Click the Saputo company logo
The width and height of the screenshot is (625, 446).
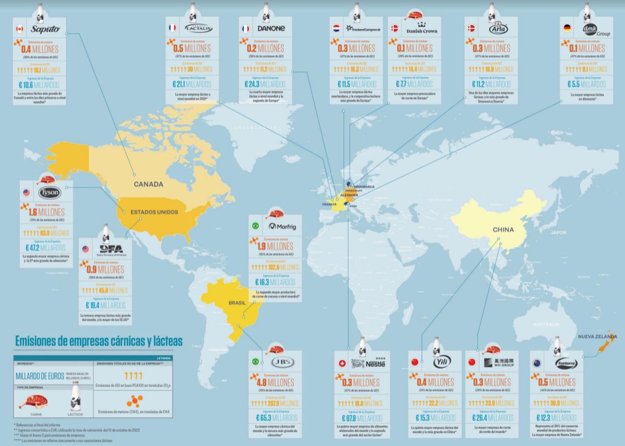pos(45,29)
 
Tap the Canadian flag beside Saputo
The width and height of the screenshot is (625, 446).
pos(19,29)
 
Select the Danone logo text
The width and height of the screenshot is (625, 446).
pos(271,28)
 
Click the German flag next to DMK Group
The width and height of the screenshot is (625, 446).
pos(567,28)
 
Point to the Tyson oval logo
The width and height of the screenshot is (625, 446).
pos(49,193)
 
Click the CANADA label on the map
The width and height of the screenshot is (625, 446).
pos(148,184)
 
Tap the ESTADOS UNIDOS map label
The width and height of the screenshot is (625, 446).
pos(154,212)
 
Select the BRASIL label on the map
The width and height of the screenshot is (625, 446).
pos(237,303)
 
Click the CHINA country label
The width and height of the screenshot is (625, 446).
pos(503,230)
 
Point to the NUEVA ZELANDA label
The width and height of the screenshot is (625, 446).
pos(597,336)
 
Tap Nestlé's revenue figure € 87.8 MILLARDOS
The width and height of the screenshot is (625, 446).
pos(362,418)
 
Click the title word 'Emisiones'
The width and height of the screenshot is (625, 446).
pos(36,341)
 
